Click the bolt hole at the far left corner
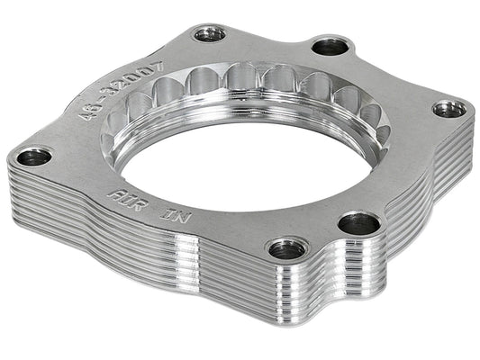coord(33,157)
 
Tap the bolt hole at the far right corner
coord(448,108)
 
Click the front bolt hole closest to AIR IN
coord(286,247)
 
